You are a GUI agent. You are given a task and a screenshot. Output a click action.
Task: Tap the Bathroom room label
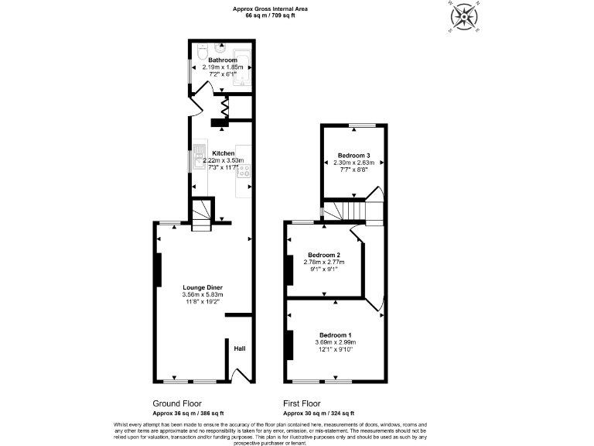(x=223, y=60)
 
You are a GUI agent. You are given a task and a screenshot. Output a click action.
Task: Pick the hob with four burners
(x=245, y=171)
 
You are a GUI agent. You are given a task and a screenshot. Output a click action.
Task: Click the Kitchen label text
(x=223, y=153)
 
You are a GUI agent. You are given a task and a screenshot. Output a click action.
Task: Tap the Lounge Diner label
(x=202, y=287)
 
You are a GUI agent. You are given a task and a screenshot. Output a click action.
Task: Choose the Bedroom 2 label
(x=324, y=256)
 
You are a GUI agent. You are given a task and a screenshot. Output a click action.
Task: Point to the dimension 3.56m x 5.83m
(x=202, y=294)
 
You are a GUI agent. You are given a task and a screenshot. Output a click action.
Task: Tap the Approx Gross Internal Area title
(x=273, y=9)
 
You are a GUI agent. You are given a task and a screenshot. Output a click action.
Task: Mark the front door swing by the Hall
(x=241, y=376)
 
